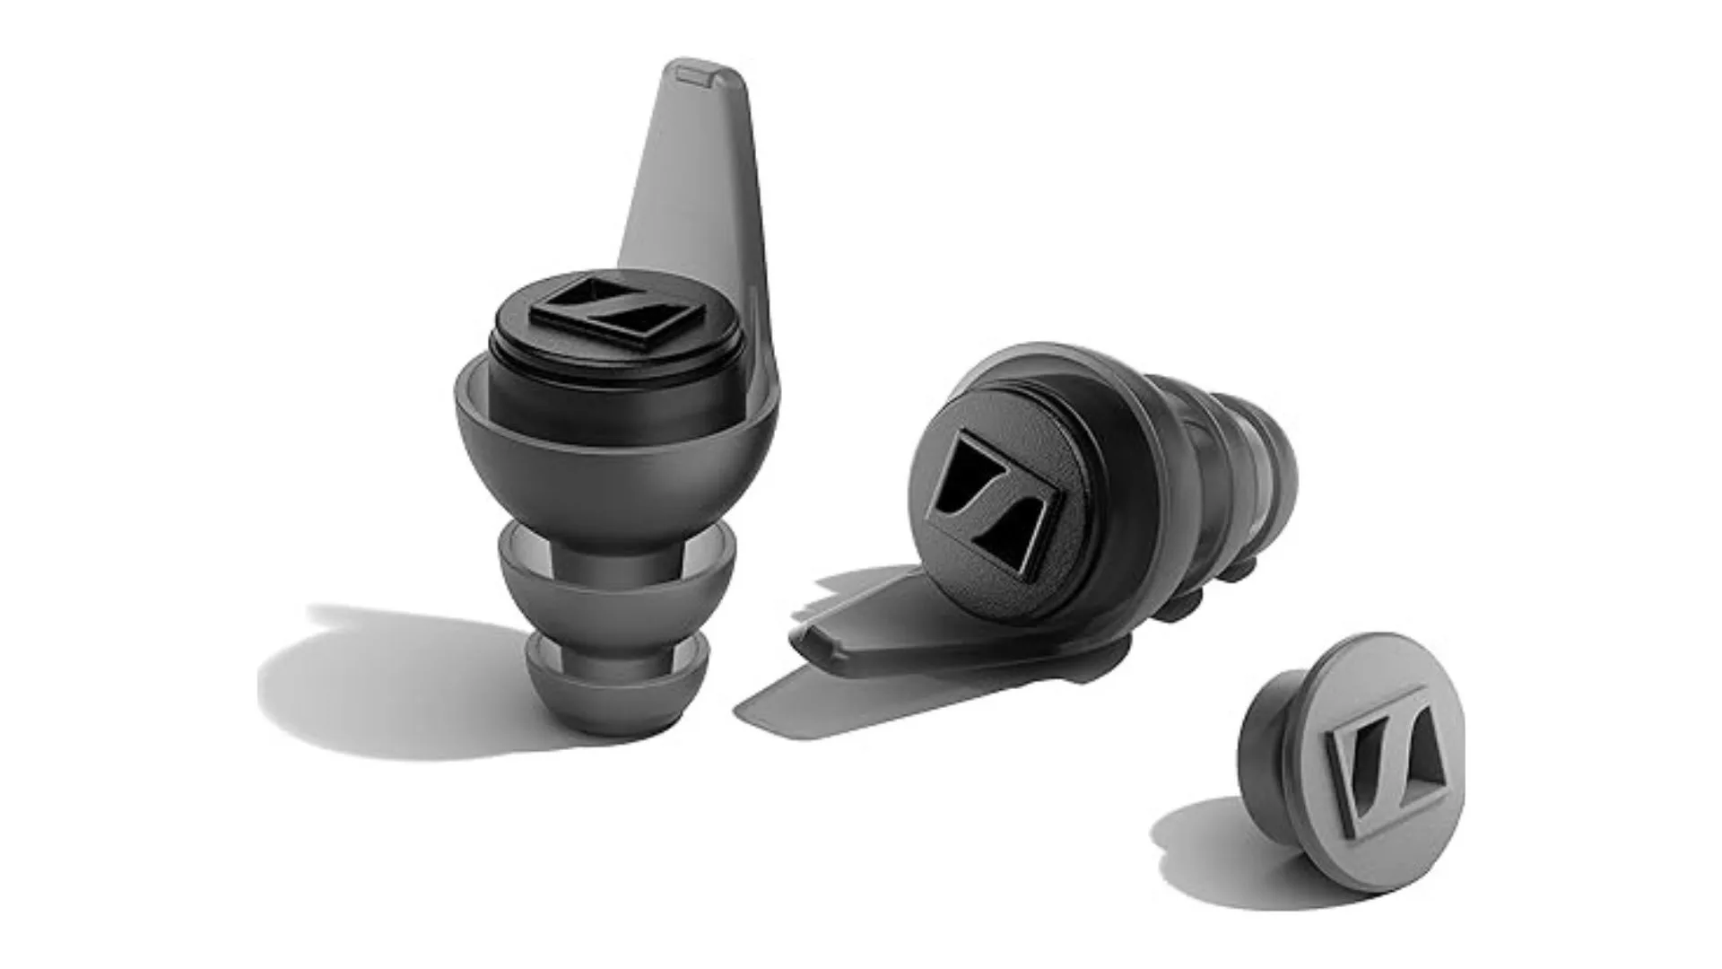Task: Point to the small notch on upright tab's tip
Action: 695,74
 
